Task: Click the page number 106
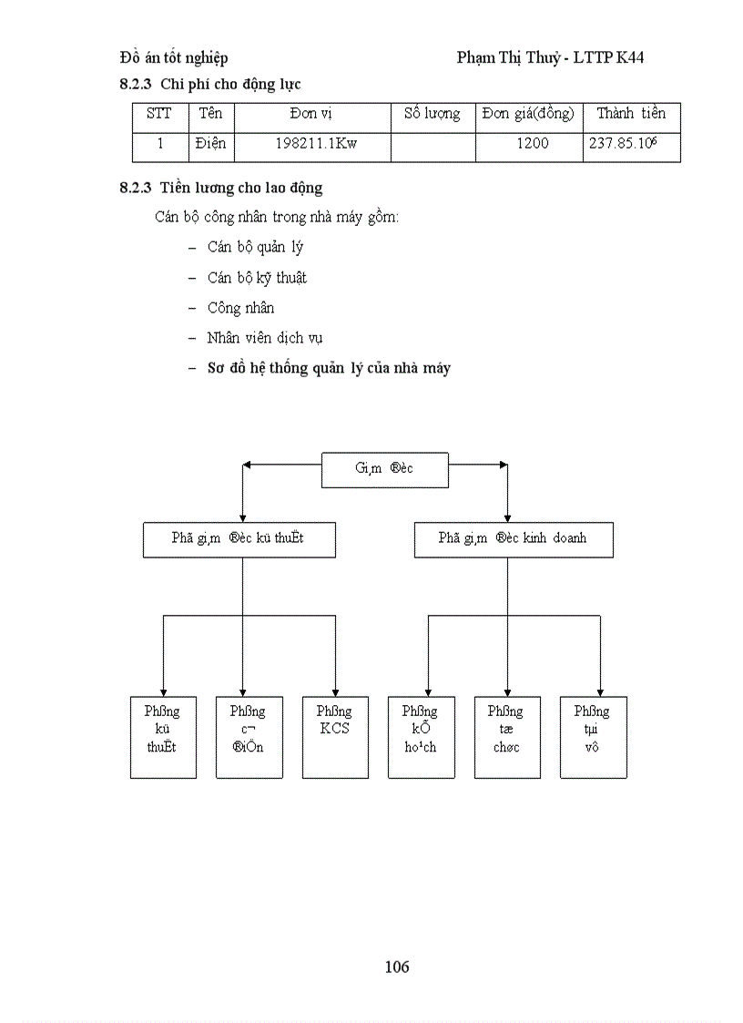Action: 397,967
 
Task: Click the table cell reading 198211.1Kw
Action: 316,144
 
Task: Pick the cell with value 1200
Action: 532,144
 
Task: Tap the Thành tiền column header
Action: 631,114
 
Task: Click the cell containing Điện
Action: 210,144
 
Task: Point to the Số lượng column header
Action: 433,114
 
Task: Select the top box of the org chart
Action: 384,468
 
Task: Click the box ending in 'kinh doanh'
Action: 513,538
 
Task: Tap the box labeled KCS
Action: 334,737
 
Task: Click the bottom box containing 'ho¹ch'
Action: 420,737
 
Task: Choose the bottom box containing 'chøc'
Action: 505,737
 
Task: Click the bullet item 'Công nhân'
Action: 240,308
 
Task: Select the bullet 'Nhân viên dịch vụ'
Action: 264,338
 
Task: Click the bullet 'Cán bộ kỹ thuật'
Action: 257,278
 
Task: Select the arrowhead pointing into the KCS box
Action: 335,691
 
